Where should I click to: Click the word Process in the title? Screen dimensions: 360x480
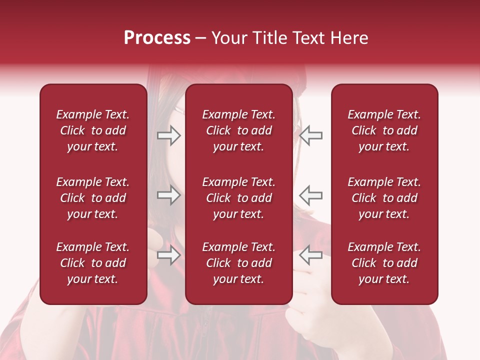(157, 38)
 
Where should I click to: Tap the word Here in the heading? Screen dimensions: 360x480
(348, 38)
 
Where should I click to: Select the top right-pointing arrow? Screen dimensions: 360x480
(169, 135)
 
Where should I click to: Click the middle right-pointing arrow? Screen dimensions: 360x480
(169, 195)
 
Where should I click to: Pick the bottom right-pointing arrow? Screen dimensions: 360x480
(169, 255)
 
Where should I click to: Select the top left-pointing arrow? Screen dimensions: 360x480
(311, 135)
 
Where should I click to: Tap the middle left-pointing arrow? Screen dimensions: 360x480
(311, 195)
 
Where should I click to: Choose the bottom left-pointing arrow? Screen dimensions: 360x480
(311, 255)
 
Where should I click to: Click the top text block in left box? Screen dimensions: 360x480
(93, 130)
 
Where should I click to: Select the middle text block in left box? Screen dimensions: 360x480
(93, 198)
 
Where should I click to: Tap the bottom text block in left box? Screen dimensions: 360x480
(93, 263)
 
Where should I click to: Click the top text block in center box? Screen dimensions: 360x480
(238, 130)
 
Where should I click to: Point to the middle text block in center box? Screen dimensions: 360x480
(238, 198)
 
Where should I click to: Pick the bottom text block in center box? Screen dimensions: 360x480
(238, 263)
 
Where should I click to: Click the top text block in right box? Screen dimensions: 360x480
(384, 130)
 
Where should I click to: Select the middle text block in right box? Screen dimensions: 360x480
(384, 198)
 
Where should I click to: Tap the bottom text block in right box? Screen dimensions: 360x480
(384, 263)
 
